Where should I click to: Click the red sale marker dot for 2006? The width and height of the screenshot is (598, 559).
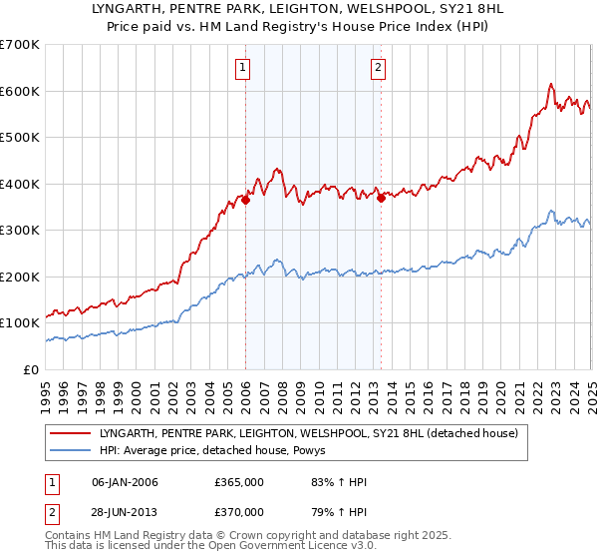tap(245, 200)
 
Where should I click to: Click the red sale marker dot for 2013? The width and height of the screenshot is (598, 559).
tap(381, 198)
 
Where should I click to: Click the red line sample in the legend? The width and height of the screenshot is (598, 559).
tap(71, 433)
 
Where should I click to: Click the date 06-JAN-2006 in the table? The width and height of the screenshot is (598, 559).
tap(125, 482)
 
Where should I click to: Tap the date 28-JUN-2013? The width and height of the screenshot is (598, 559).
tap(125, 513)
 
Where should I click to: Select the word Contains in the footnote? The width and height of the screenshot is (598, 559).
tap(70, 536)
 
